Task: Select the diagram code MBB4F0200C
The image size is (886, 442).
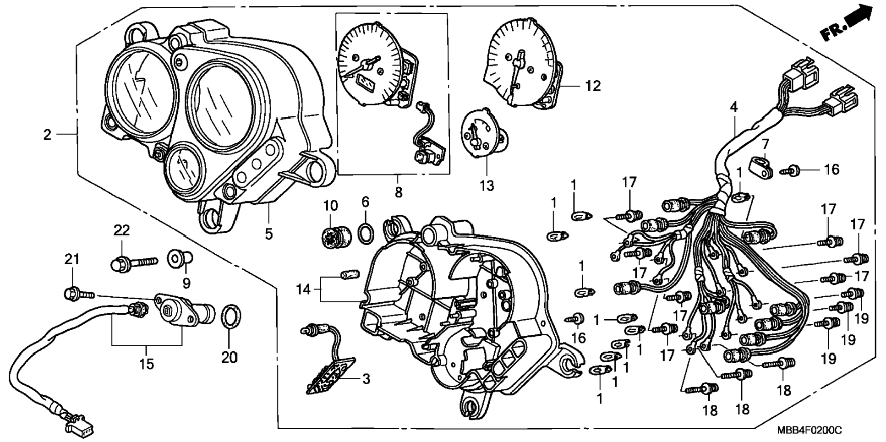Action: [x=809, y=431]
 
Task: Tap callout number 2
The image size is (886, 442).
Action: [x=47, y=135]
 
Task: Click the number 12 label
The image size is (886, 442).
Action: [x=592, y=86]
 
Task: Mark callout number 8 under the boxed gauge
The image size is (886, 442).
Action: [x=399, y=192]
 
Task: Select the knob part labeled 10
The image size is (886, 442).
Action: [x=335, y=236]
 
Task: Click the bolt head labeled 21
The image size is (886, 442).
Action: [x=71, y=294]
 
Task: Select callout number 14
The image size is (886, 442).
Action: [x=303, y=289]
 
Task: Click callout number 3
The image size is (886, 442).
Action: [x=366, y=379]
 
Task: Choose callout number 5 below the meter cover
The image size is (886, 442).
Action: [x=268, y=234]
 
